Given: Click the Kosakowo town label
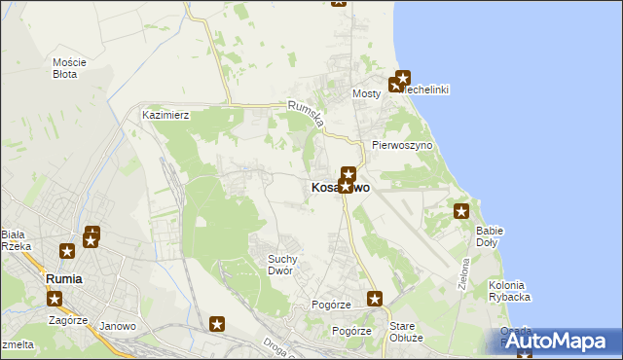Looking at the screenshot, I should coord(340,188).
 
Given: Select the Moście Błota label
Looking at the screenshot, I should coord(69,68).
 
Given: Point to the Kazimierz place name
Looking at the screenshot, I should coord(165,115).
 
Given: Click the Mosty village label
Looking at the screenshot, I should coord(366,94).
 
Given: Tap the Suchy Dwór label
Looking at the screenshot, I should coord(288,265).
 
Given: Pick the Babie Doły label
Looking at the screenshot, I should coord(489,236).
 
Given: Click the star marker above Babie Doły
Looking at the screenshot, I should coord(461,211).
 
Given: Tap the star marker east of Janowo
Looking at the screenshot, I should coord(217,324).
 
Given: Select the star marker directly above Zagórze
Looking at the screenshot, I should coord(55,299).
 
